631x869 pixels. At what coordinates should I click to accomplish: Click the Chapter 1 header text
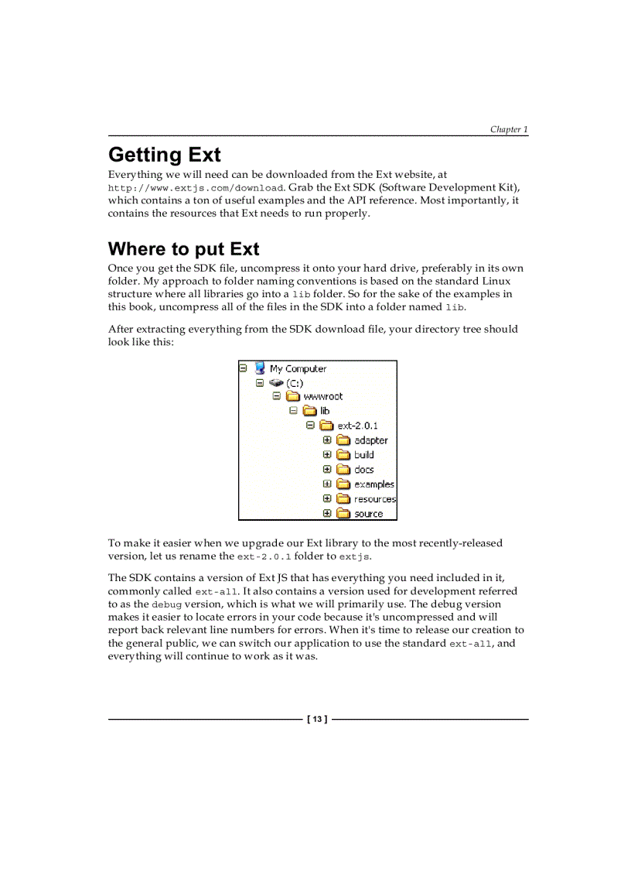[508, 129]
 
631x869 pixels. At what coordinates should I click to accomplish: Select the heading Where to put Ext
[183, 248]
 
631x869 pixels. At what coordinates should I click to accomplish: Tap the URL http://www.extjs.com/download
[196, 188]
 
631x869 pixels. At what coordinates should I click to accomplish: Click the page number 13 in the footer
[317, 720]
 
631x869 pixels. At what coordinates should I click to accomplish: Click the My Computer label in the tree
[298, 369]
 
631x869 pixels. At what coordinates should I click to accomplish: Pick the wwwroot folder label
[322, 396]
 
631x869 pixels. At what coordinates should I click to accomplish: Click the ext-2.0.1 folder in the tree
[357, 426]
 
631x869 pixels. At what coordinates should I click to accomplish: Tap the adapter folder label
[371, 440]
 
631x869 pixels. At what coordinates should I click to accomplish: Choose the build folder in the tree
[363, 455]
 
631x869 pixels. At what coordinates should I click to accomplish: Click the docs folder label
[363, 470]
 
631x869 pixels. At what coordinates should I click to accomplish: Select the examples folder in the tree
[374, 484]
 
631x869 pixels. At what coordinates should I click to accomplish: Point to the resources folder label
[375, 499]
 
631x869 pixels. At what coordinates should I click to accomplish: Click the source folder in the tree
[368, 514]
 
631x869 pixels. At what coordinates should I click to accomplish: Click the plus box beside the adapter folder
[327, 440]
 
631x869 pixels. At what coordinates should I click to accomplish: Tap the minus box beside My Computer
[243, 368]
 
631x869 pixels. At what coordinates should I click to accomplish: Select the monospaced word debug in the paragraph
[166, 604]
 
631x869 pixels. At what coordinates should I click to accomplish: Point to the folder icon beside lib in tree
[309, 411]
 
